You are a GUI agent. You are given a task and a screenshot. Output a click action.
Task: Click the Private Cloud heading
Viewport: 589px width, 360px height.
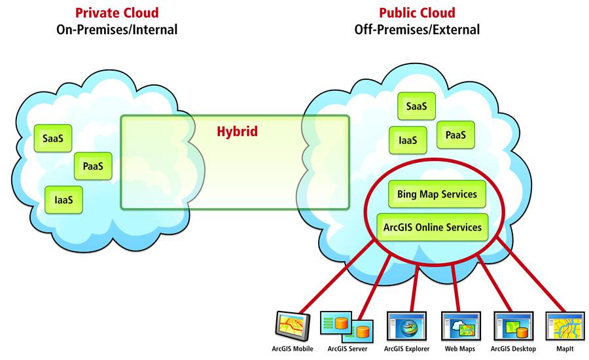coord(117,12)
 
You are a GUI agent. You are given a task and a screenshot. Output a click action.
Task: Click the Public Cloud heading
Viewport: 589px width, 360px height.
coord(417,12)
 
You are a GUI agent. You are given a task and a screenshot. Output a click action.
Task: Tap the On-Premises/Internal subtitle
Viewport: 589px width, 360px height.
coord(117,29)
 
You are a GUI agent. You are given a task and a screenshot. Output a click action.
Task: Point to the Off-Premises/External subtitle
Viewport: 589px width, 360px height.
coord(417,29)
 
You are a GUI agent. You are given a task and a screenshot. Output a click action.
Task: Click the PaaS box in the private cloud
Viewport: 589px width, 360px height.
coord(93,166)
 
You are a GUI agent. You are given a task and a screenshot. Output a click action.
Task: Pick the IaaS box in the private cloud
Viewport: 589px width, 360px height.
coord(64,199)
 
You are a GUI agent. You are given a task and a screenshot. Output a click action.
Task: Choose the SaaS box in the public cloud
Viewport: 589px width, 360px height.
coord(416,106)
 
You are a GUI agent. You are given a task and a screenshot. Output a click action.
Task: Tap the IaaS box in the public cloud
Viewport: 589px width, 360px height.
coord(408,138)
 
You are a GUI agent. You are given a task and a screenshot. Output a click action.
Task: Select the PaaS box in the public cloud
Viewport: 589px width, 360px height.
coord(455,134)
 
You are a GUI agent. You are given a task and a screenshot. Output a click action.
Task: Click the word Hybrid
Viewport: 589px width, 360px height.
coord(237,132)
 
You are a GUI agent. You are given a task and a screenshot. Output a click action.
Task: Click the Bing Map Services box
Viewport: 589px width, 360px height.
coord(437,194)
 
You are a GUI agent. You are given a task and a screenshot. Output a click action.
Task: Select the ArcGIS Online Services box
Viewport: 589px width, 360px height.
coord(433,227)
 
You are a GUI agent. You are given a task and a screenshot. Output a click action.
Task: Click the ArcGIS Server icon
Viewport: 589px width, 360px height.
coord(346,325)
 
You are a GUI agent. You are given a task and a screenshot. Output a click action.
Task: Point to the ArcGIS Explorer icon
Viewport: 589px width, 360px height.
coord(406,325)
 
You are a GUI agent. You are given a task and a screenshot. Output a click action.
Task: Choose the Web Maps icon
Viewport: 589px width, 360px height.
coord(459,325)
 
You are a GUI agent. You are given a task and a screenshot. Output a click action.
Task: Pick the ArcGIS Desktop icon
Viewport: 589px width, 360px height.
coord(512,325)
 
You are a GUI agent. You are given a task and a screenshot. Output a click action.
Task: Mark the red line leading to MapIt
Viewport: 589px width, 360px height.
coord(530,275)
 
